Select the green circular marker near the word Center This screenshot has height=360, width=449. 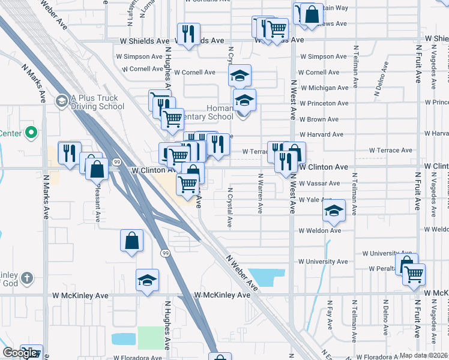point(34,133)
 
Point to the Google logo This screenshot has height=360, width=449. point(20,353)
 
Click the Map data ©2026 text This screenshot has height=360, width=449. point(424,355)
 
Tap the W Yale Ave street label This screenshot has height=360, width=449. point(315,199)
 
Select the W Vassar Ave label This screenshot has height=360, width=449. point(319,183)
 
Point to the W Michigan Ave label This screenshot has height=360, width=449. point(327,88)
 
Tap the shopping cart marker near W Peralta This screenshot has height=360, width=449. point(414,274)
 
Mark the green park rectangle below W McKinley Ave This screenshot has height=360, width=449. point(150,337)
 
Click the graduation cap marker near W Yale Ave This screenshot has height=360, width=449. point(334,211)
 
